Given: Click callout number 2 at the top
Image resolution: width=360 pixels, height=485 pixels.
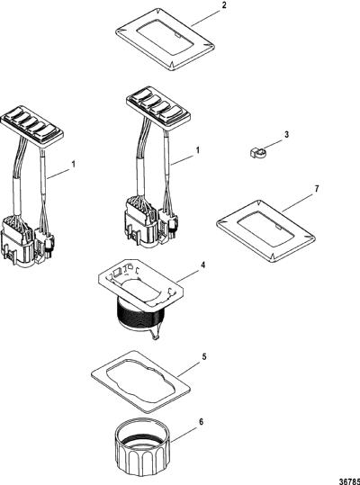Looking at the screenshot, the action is pyautogui.click(x=224, y=5).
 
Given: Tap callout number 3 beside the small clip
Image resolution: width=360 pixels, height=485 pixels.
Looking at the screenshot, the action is pyautogui.click(x=287, y=135).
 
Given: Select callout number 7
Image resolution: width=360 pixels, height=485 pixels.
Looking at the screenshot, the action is pyautogui.click(x=317, y=189).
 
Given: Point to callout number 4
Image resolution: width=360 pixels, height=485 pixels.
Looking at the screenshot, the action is pyautogui.click(x=202, y=265).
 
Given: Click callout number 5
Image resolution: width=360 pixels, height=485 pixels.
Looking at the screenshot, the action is pyautogui.click(x=203, y=356).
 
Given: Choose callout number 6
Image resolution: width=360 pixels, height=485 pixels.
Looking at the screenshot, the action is pyautogui.click(x=201, y=422).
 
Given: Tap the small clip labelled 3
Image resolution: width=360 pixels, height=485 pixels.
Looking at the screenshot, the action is pyautogui.click(x=257, y=153).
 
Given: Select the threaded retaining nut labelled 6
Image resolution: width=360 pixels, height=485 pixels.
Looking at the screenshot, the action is pyautogui.click(x=143, y=446).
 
